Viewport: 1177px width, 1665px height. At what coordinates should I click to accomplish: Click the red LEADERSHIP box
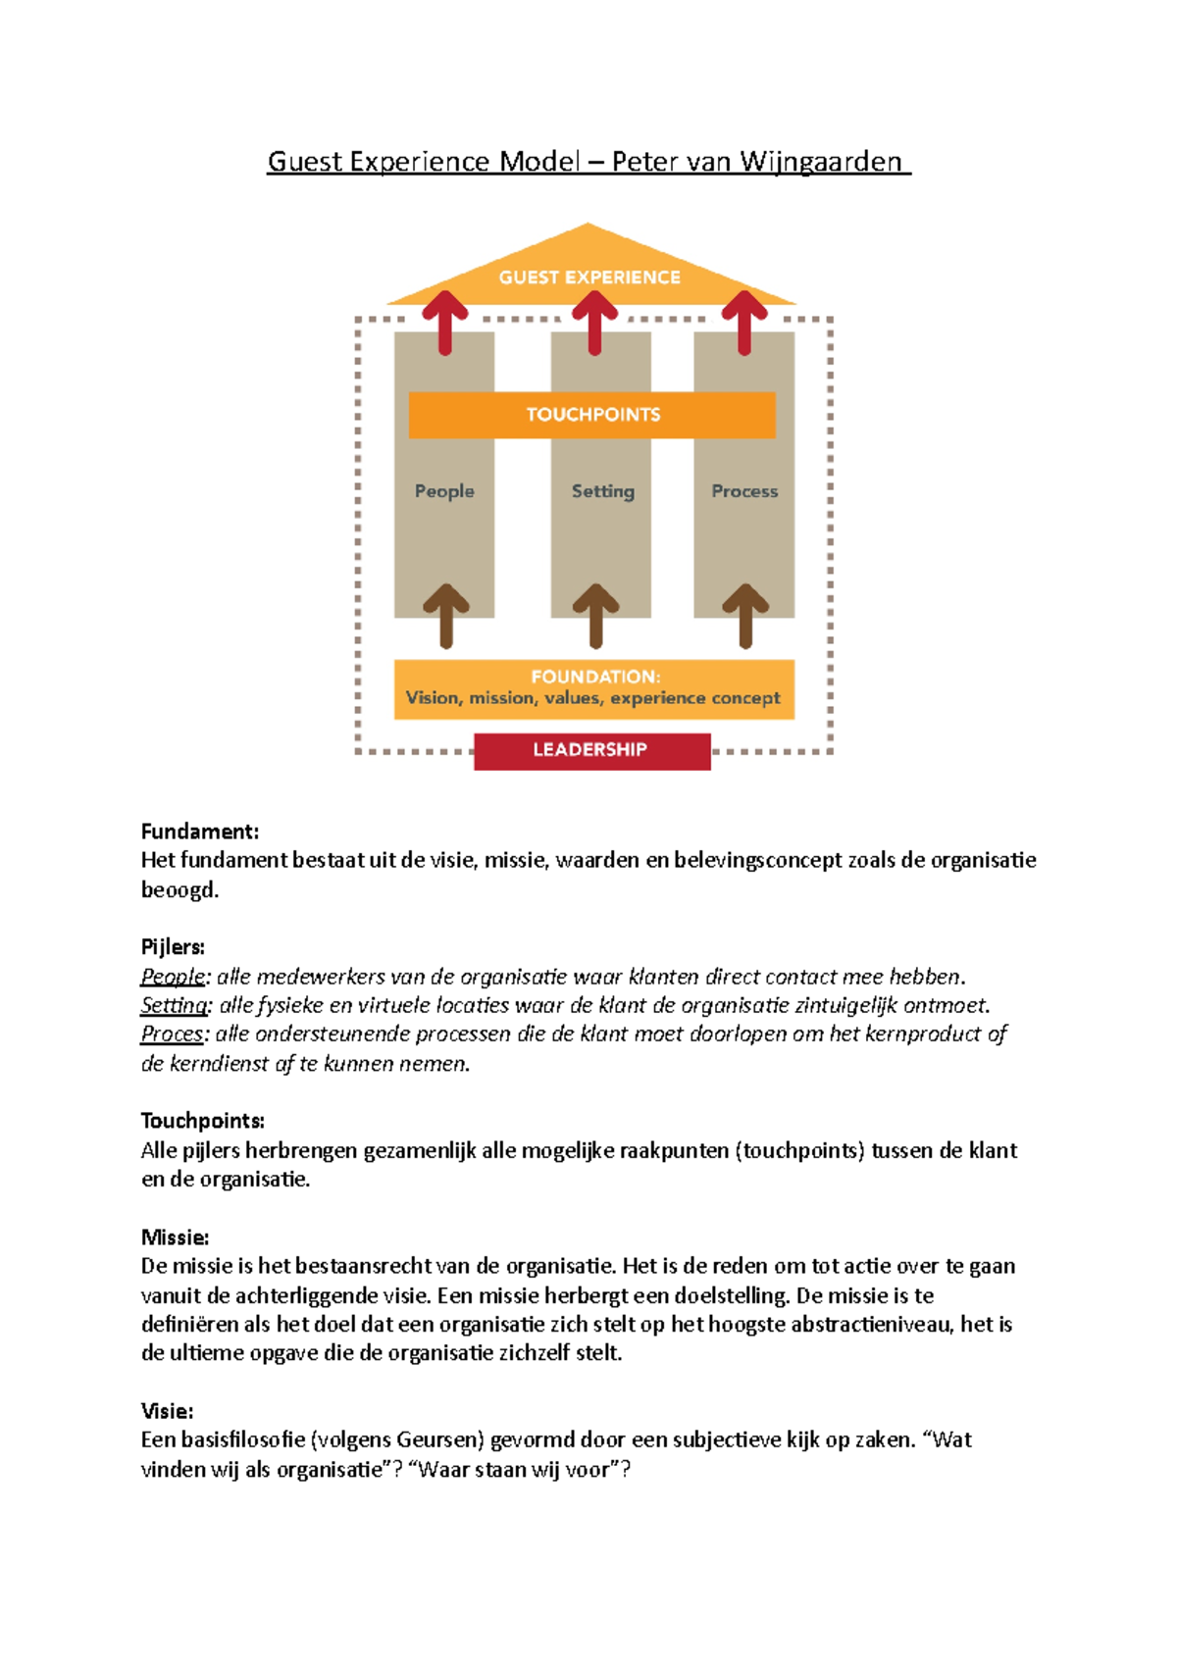coord(591,750)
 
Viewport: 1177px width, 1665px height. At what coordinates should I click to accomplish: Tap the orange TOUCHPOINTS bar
coord(592,415)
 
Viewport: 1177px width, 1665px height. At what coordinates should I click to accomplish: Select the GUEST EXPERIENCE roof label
coord(589,277)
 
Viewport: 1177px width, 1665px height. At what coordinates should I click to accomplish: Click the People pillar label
coord(444,491)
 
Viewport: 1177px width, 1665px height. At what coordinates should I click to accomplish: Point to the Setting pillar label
coord(603,491)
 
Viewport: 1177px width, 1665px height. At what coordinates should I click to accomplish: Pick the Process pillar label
coord(744,491)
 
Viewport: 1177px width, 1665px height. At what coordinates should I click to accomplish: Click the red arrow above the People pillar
coord(445,321)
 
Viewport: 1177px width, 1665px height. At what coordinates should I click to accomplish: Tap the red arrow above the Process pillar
coord(744,321)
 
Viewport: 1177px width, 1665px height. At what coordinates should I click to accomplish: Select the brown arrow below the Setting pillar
coord(595,615)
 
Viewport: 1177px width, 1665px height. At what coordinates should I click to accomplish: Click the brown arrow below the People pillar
coord(446,615)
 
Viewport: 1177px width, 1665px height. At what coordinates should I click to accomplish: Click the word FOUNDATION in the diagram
coord(594,677)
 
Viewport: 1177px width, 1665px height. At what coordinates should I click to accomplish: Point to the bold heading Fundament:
coord(200,832)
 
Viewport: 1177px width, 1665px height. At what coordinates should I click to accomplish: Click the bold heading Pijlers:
coord(173,947)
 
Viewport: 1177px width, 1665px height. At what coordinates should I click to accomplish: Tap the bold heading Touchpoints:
coord(203,1121)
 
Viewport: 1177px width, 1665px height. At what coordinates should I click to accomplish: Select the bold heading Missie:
coord(175,1237)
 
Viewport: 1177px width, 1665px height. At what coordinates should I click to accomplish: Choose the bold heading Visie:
coord(167,1411)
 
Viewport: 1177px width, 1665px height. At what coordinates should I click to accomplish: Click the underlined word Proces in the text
coord(172,1034)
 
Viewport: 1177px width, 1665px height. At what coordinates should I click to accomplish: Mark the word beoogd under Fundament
coord(179,890)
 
